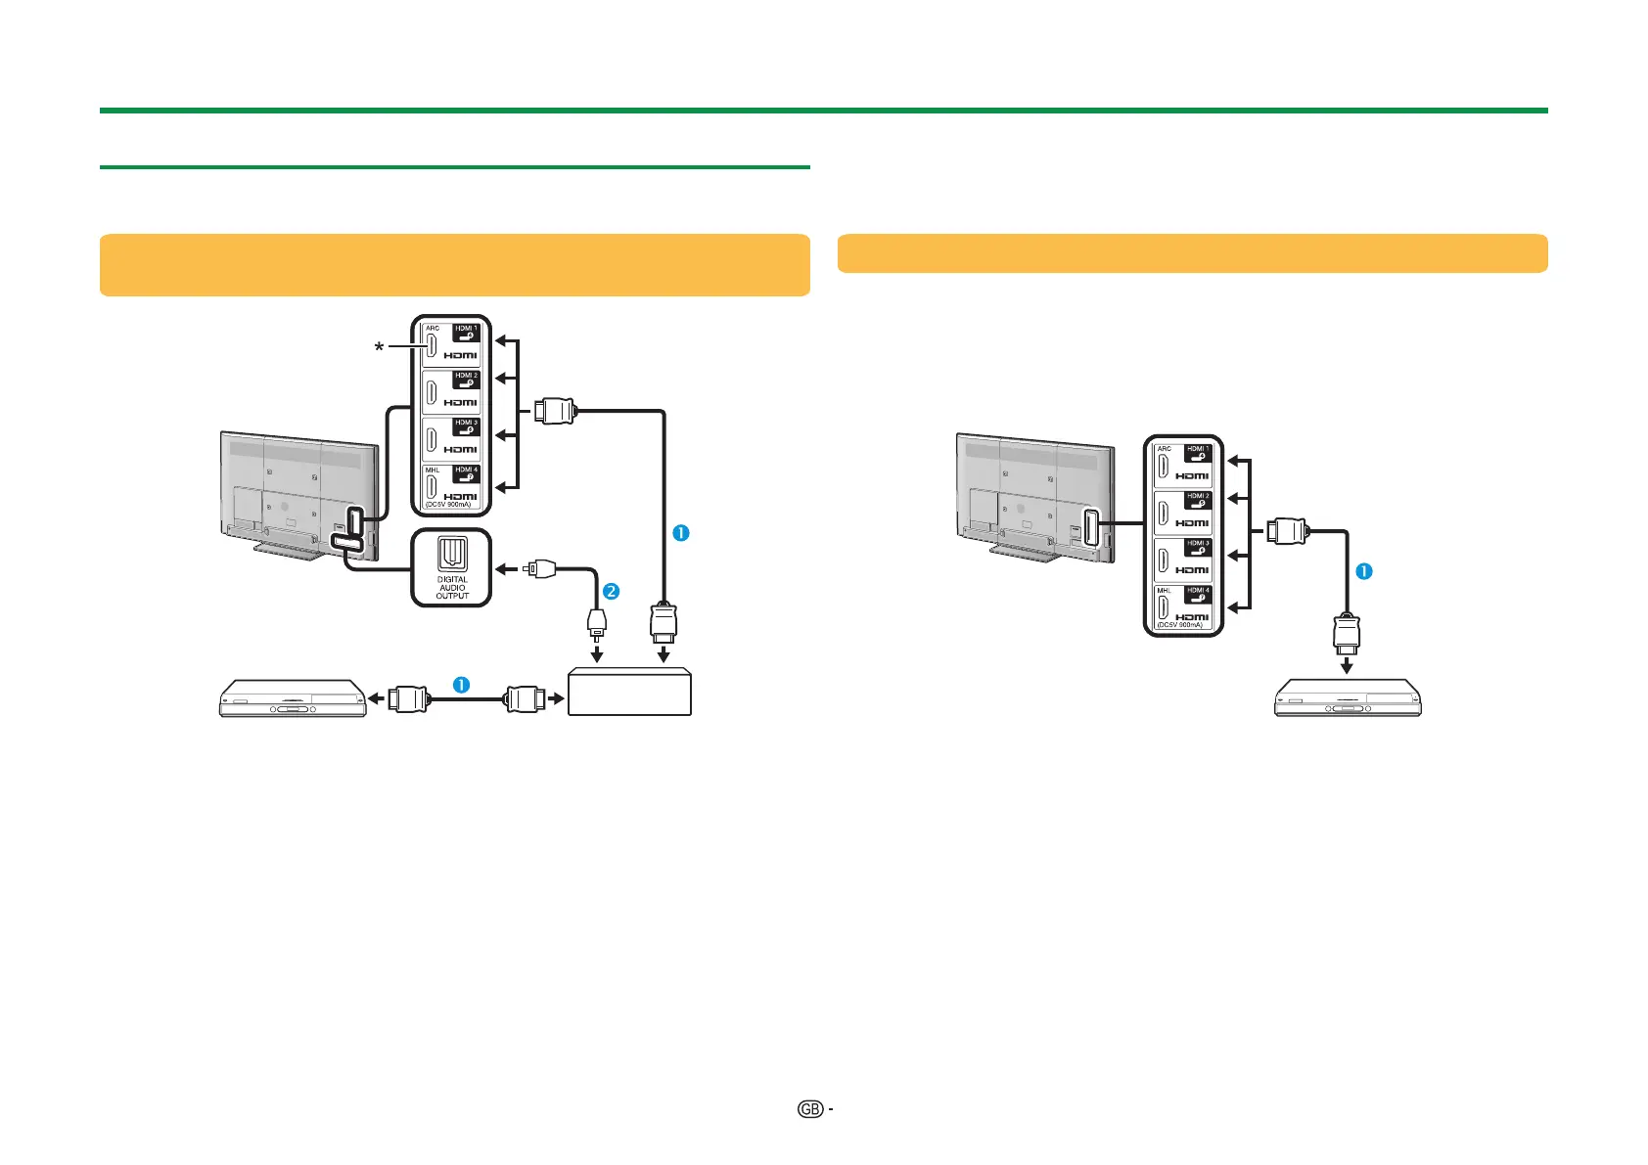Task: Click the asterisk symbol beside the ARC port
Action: (379, 347)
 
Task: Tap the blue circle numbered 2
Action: (611, 591)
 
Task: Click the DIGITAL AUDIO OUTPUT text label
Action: (452, 587)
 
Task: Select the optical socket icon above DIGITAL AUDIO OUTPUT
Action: (452, 554)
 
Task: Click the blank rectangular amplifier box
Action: (629, 693)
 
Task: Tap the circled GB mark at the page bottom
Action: (809, 1108)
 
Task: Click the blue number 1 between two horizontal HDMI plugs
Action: (461, 685)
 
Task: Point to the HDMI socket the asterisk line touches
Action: (431, 346)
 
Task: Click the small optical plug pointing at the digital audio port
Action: (540, 567)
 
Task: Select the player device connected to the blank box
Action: (293, 698)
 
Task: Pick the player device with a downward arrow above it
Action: (1347, 698)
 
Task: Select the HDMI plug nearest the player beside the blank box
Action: (407, 698)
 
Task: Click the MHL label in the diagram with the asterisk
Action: (433, 470)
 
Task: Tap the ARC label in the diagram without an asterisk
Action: (1164, 449)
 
